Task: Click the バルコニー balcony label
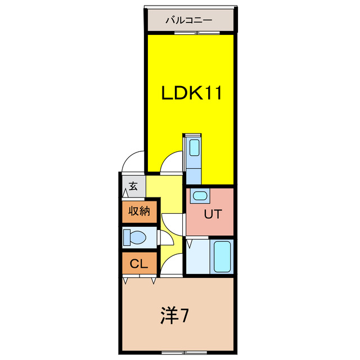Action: click(x=188, y=20)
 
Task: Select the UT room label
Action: click(x=213, y=214)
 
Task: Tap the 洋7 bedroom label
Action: click(x=174, y=316)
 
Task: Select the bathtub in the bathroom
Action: click(x=222, y=256)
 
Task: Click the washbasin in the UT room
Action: click(x=199, y=196)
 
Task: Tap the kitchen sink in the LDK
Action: click(x=194, y=147)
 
